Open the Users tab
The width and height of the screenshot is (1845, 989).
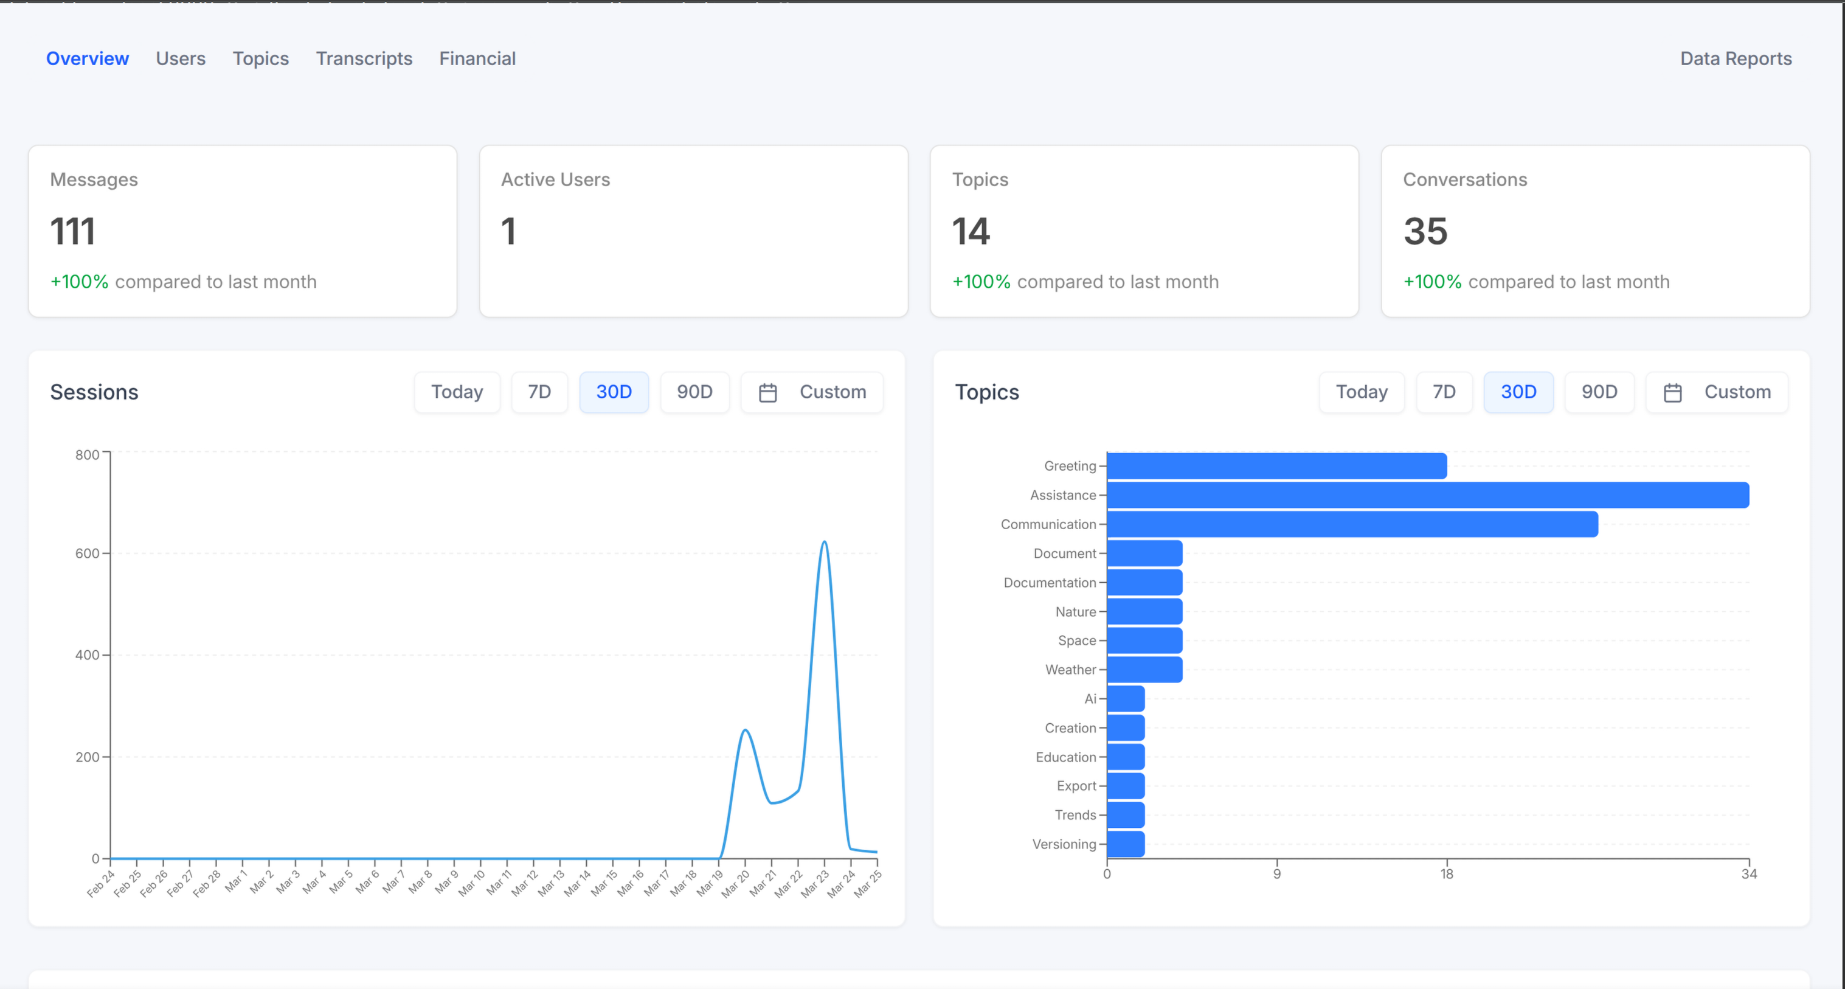(x=181, y=59)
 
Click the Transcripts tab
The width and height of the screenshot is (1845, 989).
(x=364, y=59)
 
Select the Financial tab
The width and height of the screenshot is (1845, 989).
(x=477, y=59)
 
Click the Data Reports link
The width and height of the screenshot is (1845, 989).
(x=1736, y=59)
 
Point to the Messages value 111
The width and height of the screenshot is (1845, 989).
(x=73, y=231)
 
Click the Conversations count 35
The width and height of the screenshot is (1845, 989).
(x=1425, y=231)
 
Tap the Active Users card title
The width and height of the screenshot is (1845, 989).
(x=555, y=180)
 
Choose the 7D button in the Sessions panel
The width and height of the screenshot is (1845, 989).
(x=539, y=392)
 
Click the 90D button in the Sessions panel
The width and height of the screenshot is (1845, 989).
(x=694, y=392)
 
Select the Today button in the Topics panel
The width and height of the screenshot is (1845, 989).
(x=1361, y=392)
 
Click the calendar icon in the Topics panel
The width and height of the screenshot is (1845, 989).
(x=1672, y=393)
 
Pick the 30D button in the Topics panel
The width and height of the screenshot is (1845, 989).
(x=1518, y=392)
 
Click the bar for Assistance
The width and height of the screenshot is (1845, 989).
(x=1427, y=496)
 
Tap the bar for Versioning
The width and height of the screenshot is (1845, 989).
(x=1126, y=844)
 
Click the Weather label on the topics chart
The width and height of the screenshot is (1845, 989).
(x=1070, y=670)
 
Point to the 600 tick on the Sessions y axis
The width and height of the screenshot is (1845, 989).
(x=88, y=553)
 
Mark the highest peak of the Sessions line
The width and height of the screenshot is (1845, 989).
(x=825, y=542)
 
